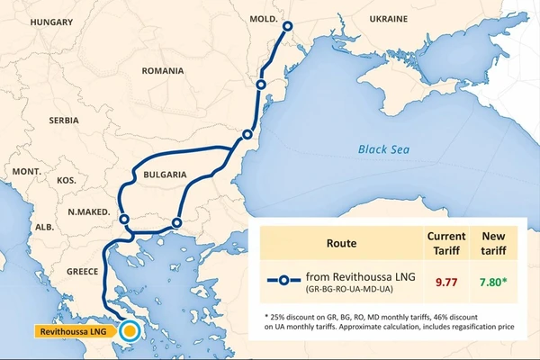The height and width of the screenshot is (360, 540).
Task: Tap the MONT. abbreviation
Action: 27,170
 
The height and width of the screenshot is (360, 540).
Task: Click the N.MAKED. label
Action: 88,212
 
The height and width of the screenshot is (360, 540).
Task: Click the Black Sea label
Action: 384,150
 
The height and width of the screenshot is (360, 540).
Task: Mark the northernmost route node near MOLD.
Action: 288,26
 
